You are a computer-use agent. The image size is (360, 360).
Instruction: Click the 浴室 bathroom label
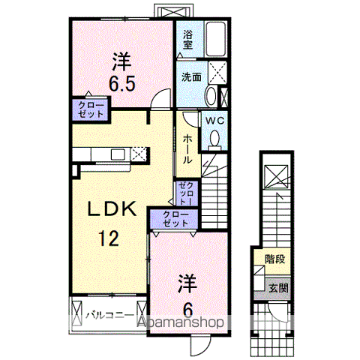(x=188, y=39)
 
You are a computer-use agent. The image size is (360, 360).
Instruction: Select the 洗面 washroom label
(x=189, y=76)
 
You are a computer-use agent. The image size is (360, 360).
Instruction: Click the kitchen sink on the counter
(x=118, y=155)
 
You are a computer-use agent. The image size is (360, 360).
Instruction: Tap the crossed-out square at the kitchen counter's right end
(x=139, y=154)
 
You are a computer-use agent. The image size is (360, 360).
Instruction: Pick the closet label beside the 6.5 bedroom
(x=89, y=110)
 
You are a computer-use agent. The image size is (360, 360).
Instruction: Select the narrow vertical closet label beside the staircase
(x=185, y=193)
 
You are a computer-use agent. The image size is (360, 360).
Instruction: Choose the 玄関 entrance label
(x=278, y=286)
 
